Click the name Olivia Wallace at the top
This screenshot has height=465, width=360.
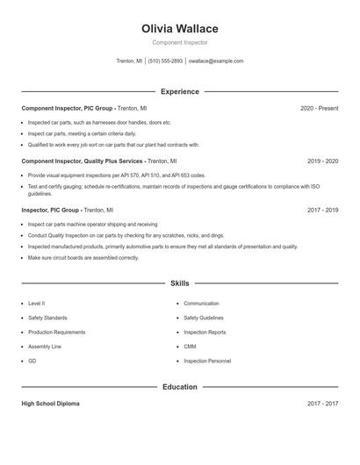pos(179,29)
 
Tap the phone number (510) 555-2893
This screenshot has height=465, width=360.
pos(165,61)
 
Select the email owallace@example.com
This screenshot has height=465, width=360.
pos(215,61)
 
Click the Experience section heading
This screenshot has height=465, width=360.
pos(179,91)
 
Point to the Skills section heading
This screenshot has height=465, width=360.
pos(179,283)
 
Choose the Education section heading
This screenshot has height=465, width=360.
pos(179,387)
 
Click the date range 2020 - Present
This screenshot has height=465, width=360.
pos(319,108)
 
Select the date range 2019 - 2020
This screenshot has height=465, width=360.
pos(322,161)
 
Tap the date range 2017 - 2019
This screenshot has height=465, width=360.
pos(322,211)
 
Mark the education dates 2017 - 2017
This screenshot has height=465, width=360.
pos(322,404)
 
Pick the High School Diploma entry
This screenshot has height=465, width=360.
pos(50,404)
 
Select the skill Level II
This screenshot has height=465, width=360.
pos(37,304)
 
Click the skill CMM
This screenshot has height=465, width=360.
pos(190,347)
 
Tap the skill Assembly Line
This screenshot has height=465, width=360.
pos(45,347)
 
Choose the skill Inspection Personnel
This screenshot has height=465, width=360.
pos(207,361)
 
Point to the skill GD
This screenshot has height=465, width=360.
pos(32,361)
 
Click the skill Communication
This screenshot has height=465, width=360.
pos(201,304)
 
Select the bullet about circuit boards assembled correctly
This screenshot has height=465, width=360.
pos(83,258)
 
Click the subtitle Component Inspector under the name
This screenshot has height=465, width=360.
pos(179,42)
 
